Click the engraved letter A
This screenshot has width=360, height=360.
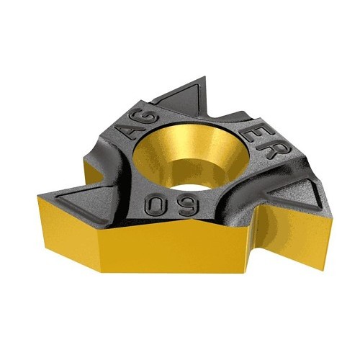coord(134,130)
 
